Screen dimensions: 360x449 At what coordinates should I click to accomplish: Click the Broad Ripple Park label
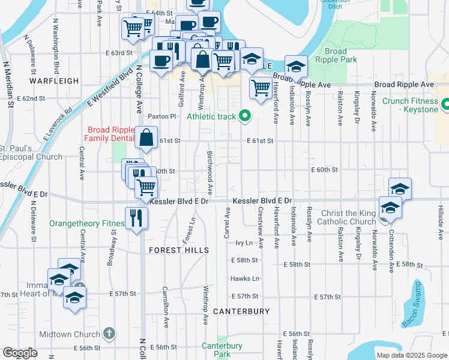pos(340,56)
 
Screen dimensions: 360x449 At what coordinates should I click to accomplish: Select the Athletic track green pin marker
pos(244,116)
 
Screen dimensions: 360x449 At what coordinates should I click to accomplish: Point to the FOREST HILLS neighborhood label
pos(179,250)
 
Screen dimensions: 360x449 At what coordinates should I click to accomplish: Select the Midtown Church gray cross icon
pos(109,333)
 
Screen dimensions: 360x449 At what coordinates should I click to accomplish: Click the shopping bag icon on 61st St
pos(146,139)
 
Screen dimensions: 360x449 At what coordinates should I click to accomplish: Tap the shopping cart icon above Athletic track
pos(261,88)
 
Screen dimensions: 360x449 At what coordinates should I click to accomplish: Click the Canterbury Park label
pos(221,350)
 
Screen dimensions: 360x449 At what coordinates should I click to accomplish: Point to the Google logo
pos(20,353)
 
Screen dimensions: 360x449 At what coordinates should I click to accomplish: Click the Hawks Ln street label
pos(245,278)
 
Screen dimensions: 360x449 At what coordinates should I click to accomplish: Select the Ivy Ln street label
pos(244,243)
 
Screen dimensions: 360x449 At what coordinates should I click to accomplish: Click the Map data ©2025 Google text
pos(411,355)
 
